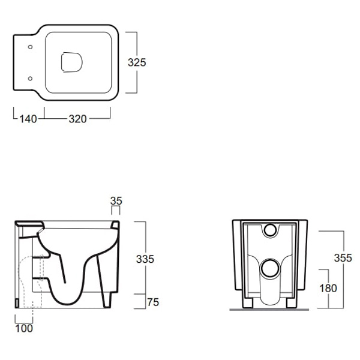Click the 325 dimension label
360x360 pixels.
(137, 62)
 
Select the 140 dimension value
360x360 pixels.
(28, 119)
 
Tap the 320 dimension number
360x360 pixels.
(77, 119)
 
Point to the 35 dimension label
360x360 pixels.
(116, 201)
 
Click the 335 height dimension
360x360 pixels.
(145, 259)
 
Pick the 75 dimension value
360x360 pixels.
(153, 302)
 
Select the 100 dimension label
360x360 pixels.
(24, 328)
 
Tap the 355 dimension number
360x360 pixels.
(343, 258)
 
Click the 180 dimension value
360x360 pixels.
(328, 288)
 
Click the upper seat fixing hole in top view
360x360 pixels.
(30, 47)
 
